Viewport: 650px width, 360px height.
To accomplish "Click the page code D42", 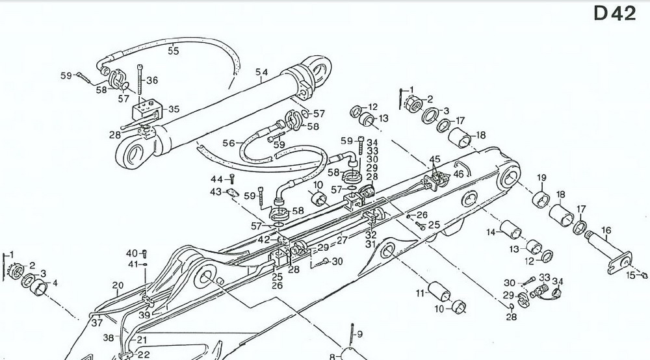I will point(614,14).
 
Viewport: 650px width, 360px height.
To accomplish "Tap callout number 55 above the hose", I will point(174,51).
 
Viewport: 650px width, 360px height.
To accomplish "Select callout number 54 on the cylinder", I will point(261,72).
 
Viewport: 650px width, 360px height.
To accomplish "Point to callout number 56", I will point(228,143).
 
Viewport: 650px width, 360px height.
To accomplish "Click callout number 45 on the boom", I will point(435,160).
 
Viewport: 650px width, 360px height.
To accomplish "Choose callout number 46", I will point(459,174).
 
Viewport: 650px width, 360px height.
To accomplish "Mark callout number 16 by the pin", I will point(606,230).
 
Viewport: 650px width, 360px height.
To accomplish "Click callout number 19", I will point(541,178).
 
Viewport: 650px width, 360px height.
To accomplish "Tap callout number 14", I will point(492,233).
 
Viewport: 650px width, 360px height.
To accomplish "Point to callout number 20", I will point(118,285).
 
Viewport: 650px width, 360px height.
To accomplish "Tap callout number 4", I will point(55,283).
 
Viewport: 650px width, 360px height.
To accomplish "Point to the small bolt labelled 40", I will point(144,254).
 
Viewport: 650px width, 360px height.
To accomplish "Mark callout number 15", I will point(629,276).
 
